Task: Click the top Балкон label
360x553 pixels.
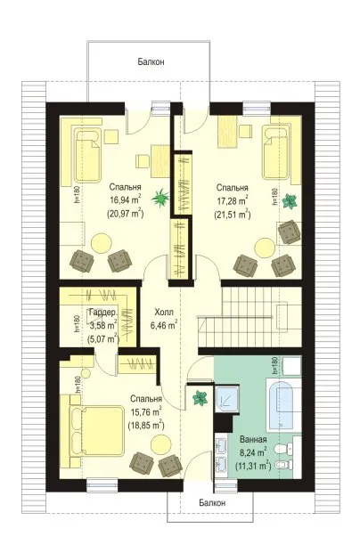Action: [151, 62]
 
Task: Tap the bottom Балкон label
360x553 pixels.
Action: [212, 502]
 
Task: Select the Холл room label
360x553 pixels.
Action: [164, 313]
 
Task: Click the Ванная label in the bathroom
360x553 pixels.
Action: [253, 439]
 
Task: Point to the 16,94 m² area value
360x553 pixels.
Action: [126, 200]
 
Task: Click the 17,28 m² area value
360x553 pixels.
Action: [233, 200]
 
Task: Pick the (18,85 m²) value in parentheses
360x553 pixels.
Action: [146, 426]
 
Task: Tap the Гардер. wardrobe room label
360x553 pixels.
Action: [102, 313]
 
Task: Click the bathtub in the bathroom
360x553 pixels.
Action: [283, 404]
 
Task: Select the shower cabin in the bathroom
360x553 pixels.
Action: [227, 399]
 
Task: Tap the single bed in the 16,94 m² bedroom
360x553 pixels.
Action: [87, 155]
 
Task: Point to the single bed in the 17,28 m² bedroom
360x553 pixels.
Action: [276, 152]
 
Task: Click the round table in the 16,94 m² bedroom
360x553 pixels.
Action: [102, 242]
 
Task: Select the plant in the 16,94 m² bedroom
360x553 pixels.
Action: [160, 198]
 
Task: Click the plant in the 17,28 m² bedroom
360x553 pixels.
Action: [290, 201]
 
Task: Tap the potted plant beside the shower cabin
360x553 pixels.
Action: [200, 398]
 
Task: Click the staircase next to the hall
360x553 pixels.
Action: [250, 317]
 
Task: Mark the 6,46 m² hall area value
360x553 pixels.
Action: [164, 325]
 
